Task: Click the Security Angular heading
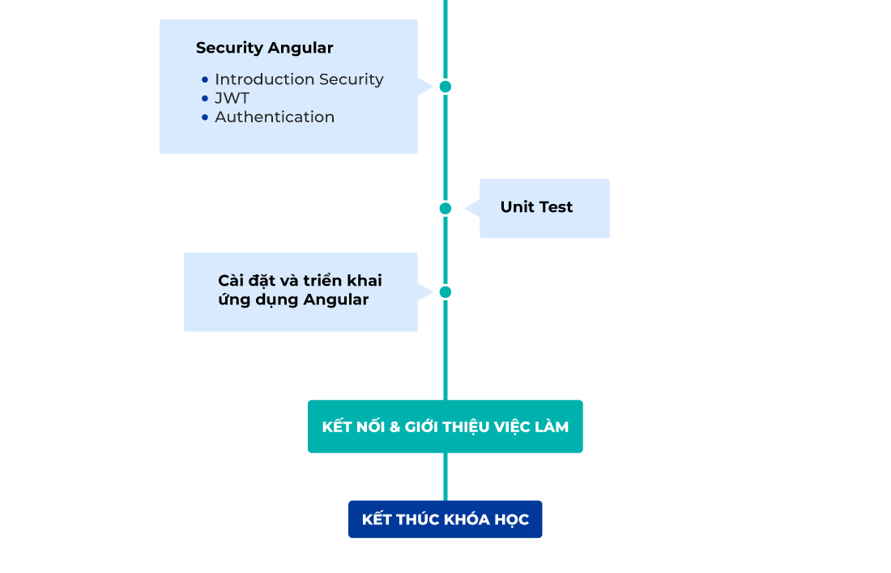pyautogui.click(x=264, y=48)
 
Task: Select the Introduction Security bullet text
pyautogui.click(x=299, y=79)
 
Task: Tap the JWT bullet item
pyautogui.click(x=232, y=98)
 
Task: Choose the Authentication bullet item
pyautogui.click(x=275, y=117)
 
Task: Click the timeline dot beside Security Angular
pyautogui.click(x=445, y=87)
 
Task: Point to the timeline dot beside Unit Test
pyautogui.click(x=445, y=209)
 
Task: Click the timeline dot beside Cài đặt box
pyautogui.click(x=445, y=292)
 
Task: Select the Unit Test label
pyautogui.click(x=536, y=207)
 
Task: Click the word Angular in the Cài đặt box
pyautogui.click(x=336, y=300)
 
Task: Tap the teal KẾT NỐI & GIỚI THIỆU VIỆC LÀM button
pyautogui.click(x=445, y=427)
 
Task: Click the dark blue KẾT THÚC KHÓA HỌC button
pyautogui.click(x=445, y=520)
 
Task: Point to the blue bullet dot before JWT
pyautogui.click(x=205, y=99)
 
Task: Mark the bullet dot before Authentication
pyautogui.click(x=205, y=117)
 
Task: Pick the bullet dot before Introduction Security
pyautogui.click(x=205, y=80)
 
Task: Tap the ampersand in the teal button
pyautogui.click(x=395, y=427)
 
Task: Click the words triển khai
pyautogui.click(x=343, y=281)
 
